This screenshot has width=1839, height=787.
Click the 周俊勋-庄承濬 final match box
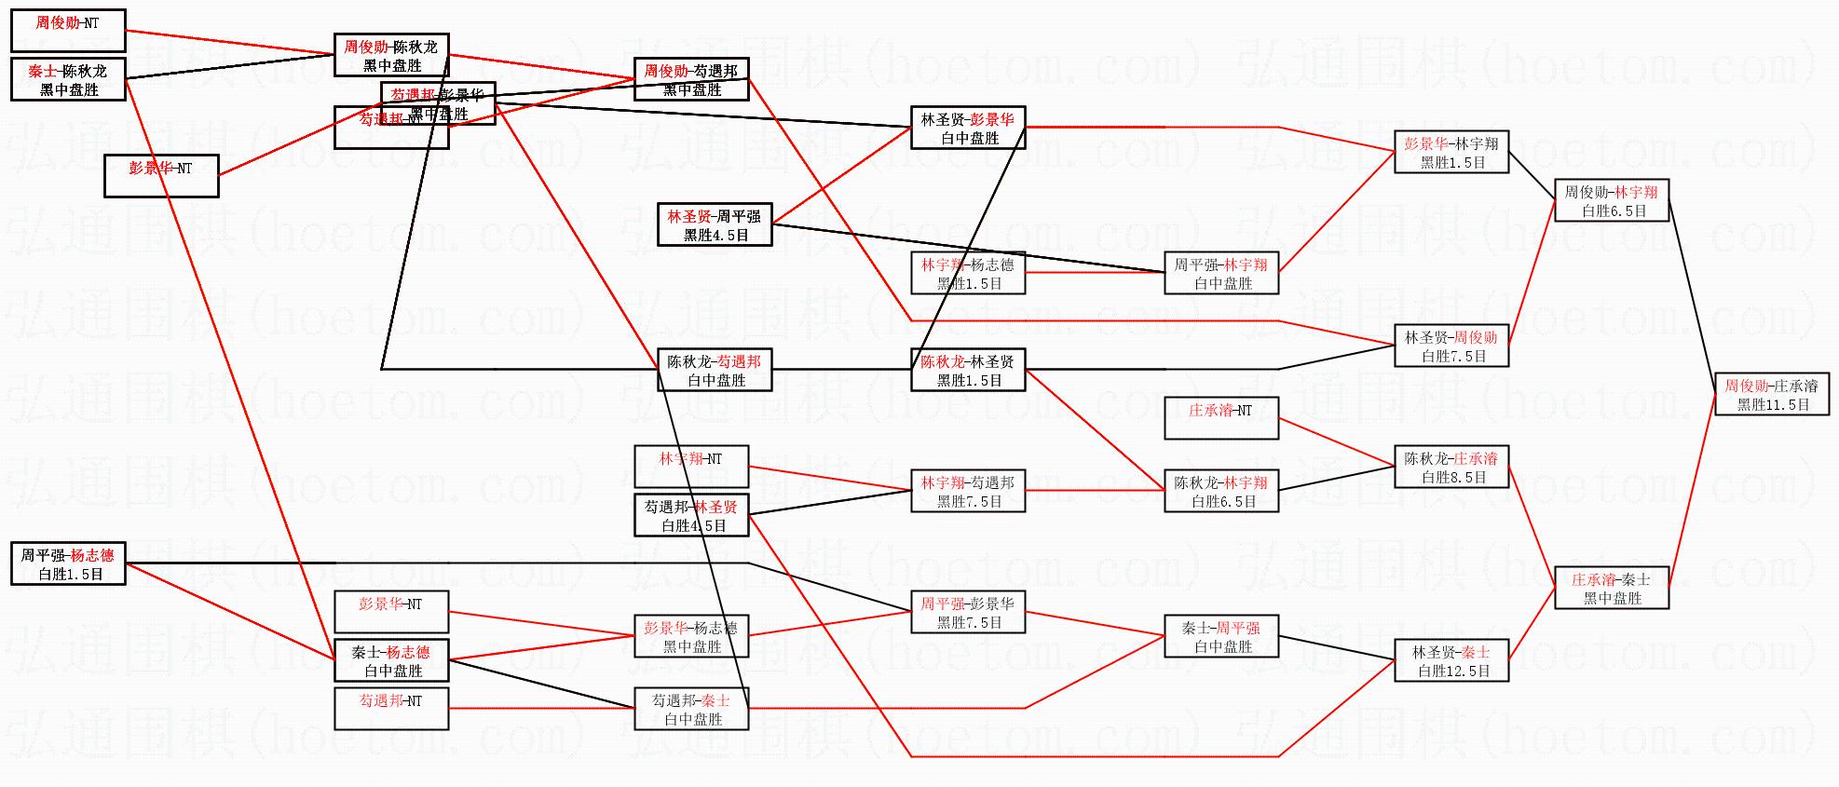click(x=1771, y=395)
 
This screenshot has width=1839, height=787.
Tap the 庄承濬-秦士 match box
click(x=1611, y=589)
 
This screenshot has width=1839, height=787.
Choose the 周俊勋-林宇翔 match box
click(x=1611, y=201)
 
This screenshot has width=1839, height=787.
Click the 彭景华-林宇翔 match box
click(x=1451, y=153)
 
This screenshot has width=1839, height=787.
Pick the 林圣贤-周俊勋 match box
click(x=1451, y=346)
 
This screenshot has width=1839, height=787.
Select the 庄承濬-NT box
click(x=1220, y=418)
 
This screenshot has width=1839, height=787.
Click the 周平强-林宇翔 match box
click(x=1220, y=274)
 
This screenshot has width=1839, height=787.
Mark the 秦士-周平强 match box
click(x=1220, y=637)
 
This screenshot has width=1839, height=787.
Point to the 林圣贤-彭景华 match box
click(x=968, y=129)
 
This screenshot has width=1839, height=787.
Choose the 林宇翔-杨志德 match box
click(x=968, y=274)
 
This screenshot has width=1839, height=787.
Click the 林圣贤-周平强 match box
click(x=715, y=225)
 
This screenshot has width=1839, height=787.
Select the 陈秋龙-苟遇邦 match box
click(x=715, y=371)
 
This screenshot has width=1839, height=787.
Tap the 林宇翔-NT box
click(x=690, y=467)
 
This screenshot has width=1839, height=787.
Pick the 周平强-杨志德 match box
click(x=68, y=564)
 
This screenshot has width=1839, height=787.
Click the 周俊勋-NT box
click(x=68, y=31)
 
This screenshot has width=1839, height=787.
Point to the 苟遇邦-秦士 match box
click(x=690, y=710)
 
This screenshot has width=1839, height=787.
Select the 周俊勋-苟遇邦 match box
click(x=690, y=80)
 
